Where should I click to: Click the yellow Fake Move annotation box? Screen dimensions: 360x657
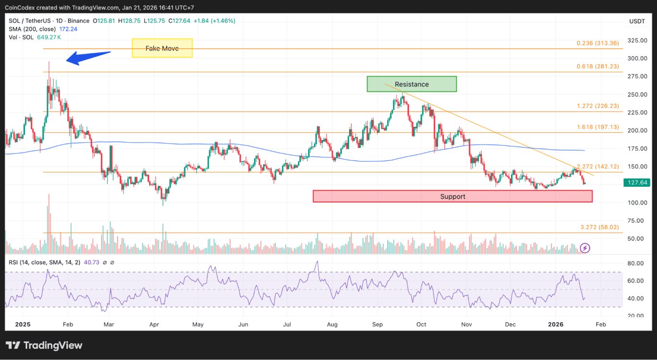(162, 48)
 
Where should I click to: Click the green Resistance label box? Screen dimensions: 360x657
(411, 84)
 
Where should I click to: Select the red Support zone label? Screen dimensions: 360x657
(452, 196)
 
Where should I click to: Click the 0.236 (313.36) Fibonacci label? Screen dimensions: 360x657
(598, 43)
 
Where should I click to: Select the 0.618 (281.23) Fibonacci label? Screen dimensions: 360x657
(598, 66)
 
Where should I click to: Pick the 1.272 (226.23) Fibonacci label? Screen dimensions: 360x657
(598, 106)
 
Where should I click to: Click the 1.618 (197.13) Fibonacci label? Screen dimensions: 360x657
(598, 127)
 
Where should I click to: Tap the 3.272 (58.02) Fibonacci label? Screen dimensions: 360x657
(600, 227)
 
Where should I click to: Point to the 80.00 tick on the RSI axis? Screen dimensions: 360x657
(635, 263)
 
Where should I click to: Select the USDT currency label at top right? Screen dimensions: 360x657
(637, 21)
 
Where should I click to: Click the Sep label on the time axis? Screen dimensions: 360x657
(378, 324)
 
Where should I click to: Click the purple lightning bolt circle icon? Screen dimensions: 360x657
(585, 248)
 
